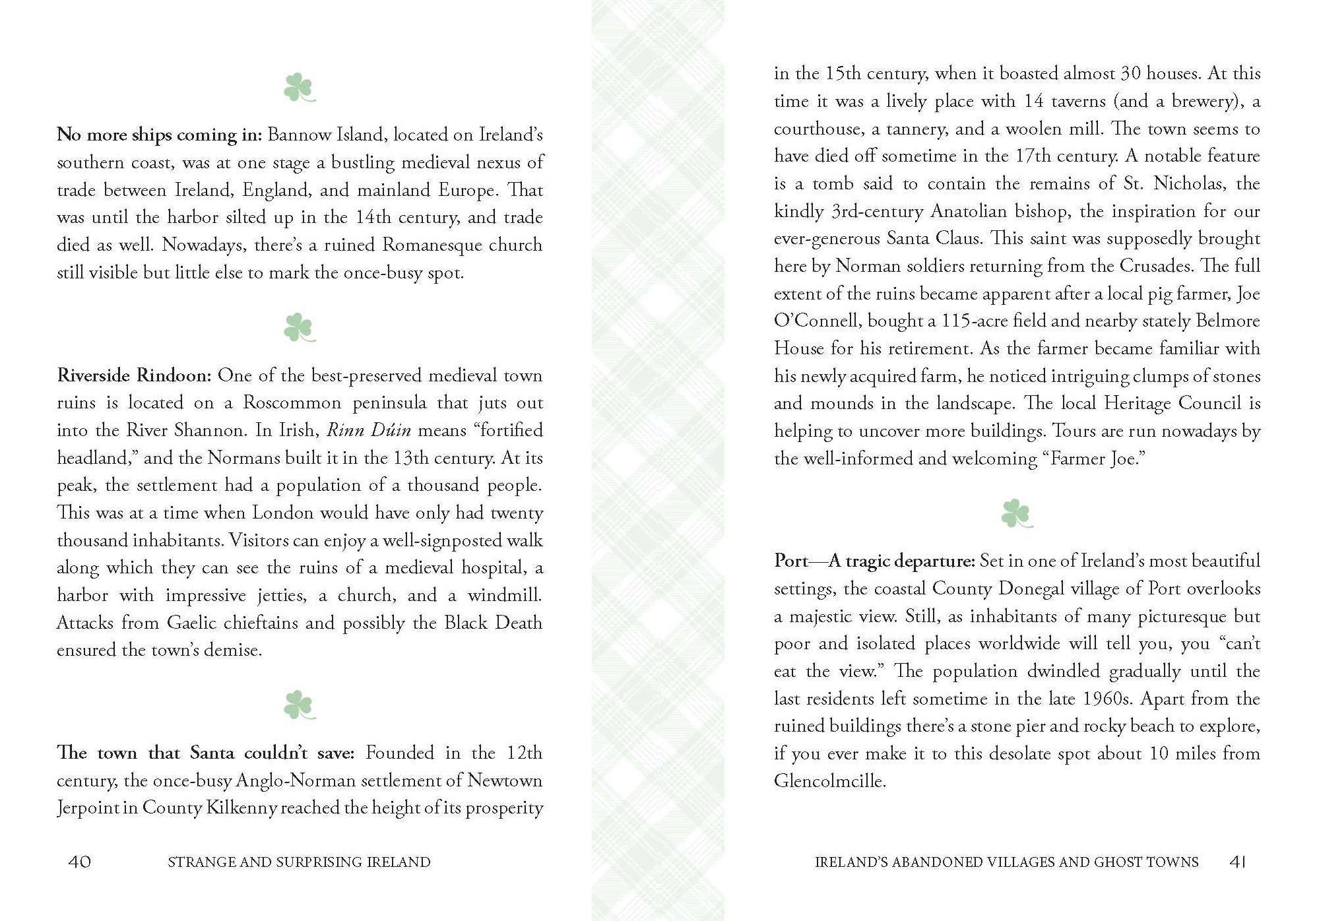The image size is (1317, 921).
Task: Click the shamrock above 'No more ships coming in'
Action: click(299, 88)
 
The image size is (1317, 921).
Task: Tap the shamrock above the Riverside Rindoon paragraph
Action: click(299, 328)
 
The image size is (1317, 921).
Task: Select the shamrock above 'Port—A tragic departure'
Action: click(1016, 514)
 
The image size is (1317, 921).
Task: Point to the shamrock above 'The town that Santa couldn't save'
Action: click(299, 705)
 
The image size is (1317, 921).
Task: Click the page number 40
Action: click(80, 862)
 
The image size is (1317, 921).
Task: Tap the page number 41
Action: click(1238, 862)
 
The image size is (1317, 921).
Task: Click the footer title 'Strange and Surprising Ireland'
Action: click(299, 862)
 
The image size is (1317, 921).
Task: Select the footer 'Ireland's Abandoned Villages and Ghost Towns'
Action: click(1006, 862)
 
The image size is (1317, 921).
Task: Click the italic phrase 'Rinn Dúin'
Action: click(369, 430)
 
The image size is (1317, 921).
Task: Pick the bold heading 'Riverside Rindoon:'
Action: click(134, 375)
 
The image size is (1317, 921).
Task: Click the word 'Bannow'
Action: click(300, 135)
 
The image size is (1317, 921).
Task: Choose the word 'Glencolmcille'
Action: click(829, 781)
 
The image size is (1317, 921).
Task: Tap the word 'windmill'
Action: click(504, 595)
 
